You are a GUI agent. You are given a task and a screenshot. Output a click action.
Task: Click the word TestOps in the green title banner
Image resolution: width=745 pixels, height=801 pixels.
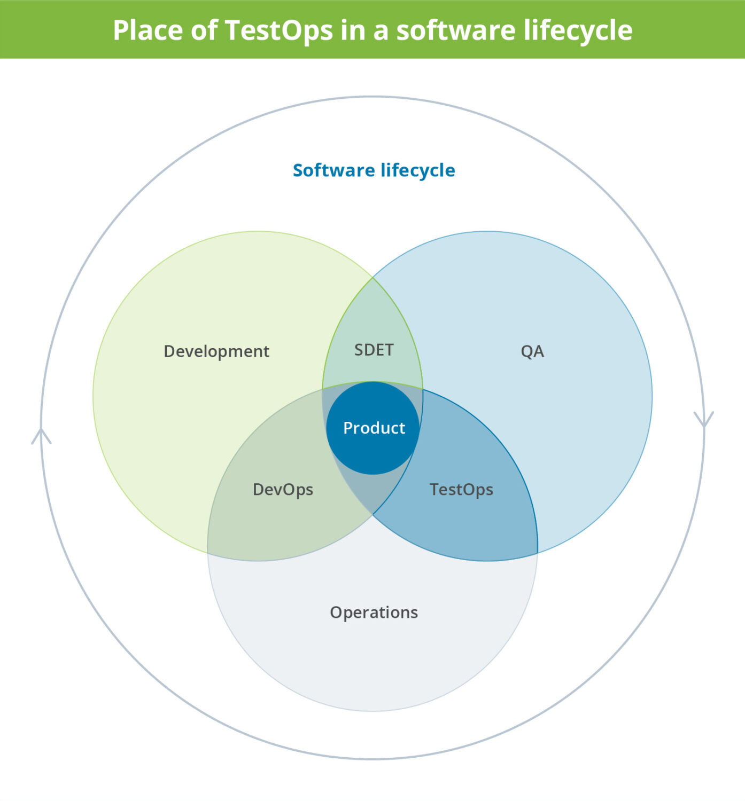click(x=279, y=30)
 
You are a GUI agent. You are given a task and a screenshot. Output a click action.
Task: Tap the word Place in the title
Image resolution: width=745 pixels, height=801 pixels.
click(x=148, y=30)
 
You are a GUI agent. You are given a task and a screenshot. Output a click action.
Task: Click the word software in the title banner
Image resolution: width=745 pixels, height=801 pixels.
click(x=456, y=30)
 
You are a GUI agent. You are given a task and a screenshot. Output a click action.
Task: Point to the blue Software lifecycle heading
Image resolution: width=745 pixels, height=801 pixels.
click(x=374, y=170)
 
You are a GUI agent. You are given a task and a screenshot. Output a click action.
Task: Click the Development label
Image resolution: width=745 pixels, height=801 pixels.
click(x=216, y=351)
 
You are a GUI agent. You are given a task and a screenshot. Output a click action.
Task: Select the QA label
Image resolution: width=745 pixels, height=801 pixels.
click(x=532, y=351)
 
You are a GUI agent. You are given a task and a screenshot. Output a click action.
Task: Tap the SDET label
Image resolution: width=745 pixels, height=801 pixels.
click(x=374, y=350)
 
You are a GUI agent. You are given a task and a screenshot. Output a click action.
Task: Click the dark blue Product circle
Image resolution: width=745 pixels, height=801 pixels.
click(x=372, y=428)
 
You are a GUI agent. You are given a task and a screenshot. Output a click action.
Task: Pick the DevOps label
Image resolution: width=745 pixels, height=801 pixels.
click(x=283, y=489)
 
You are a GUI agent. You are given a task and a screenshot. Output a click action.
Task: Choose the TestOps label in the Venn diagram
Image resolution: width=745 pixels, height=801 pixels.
click(x=462, y=489)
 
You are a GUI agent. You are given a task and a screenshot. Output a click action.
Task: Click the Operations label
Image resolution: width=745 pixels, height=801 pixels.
click(x=374, y=612)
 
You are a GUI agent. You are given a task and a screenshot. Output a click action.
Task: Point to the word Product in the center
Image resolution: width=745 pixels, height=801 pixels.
click(x=374, y=428)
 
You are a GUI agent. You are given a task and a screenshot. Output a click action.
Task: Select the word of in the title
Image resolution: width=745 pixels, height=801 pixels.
click(x=204, y=30)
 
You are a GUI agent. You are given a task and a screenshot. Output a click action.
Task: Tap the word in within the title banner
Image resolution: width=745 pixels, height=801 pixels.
click(x=353, y=30)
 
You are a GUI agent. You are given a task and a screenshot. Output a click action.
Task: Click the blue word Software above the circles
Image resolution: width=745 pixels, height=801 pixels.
click(x=334, y=170)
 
